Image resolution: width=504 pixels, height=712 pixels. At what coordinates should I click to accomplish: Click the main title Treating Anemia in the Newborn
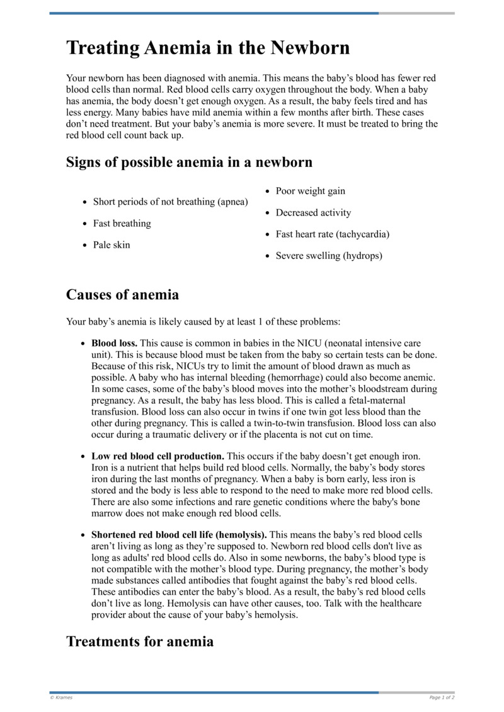[x=208, y=48]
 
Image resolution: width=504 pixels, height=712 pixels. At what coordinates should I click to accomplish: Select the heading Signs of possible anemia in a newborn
[x=189, y=162]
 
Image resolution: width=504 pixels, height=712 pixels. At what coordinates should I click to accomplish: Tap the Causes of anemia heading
[x=122, y=294]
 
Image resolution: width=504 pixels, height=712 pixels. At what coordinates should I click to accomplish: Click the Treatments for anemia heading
[x=140, y=641]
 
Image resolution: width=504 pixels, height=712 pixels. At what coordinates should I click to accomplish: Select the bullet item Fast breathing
[x=122, y=224]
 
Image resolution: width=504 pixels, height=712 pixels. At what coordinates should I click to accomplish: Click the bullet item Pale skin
[x=112, y=245]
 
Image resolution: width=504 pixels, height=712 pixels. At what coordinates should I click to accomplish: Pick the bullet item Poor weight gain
[x=311, y=192]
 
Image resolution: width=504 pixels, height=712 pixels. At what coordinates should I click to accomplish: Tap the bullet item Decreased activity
[x=313, y=213]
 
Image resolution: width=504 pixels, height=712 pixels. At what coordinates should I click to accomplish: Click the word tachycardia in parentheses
[x=362, y=234]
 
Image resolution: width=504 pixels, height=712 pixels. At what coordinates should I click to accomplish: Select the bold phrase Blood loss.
[x=114, y=343]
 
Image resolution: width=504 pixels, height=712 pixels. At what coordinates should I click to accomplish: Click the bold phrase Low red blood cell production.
[x=157, y=456]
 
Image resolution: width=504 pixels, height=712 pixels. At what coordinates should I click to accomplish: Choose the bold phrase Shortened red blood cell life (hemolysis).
[x=179, y=534]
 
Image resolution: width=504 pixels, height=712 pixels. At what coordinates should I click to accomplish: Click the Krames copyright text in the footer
[x=61, y=698]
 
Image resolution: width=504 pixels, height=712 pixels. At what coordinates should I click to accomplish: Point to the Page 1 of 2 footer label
[x=442, y=698]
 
